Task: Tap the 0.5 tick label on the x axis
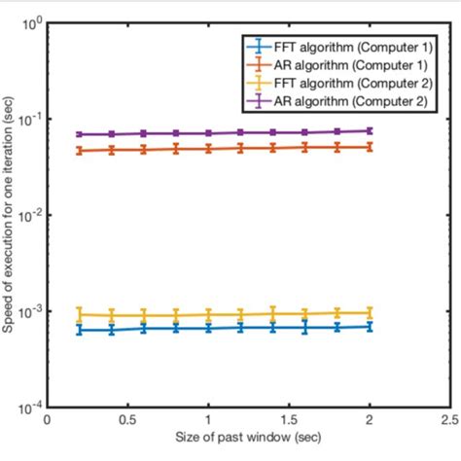(127, 422)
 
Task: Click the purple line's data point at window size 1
(208, 133)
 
